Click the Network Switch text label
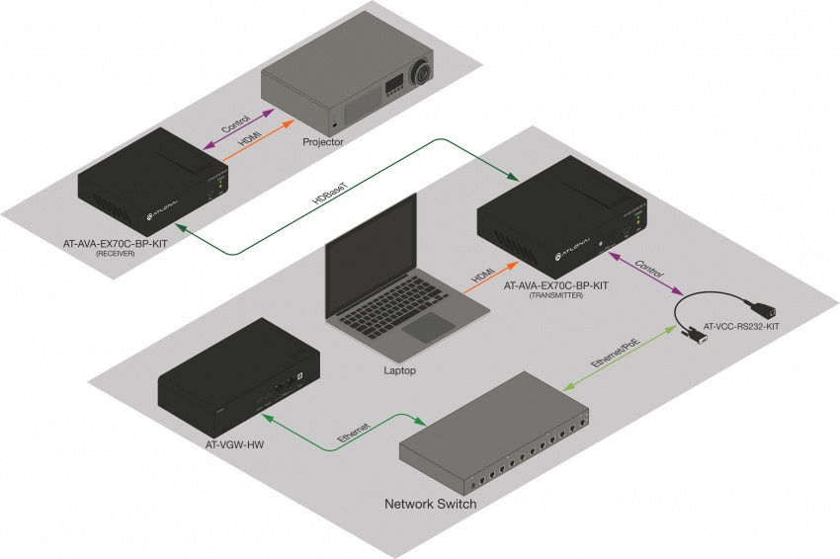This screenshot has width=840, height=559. (431, 505)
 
